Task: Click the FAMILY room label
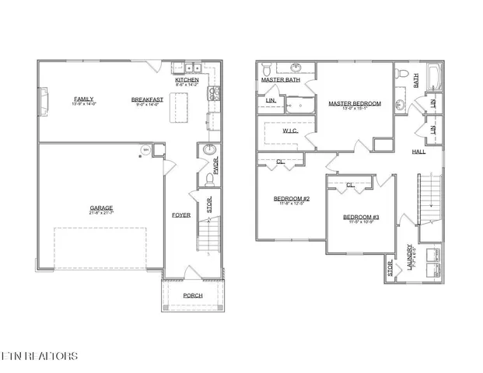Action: [83, 99]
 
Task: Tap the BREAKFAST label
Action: [146, 99]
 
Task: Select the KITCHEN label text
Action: [187, 80]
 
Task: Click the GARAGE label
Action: [101, 207]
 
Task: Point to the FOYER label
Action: [180, 214]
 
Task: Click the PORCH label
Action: [192, 295]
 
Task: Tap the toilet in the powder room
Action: [209, 180]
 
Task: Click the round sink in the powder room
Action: [208, 150]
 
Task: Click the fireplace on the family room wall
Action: [44, 99]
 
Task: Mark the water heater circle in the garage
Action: [144, 151]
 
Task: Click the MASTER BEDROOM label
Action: [354, 103]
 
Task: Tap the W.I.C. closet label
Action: [290, 131]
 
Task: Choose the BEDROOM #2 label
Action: [292, 199]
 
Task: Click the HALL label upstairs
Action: [418, 151]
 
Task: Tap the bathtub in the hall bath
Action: [438, 78]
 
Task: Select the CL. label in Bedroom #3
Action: [350, 185]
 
